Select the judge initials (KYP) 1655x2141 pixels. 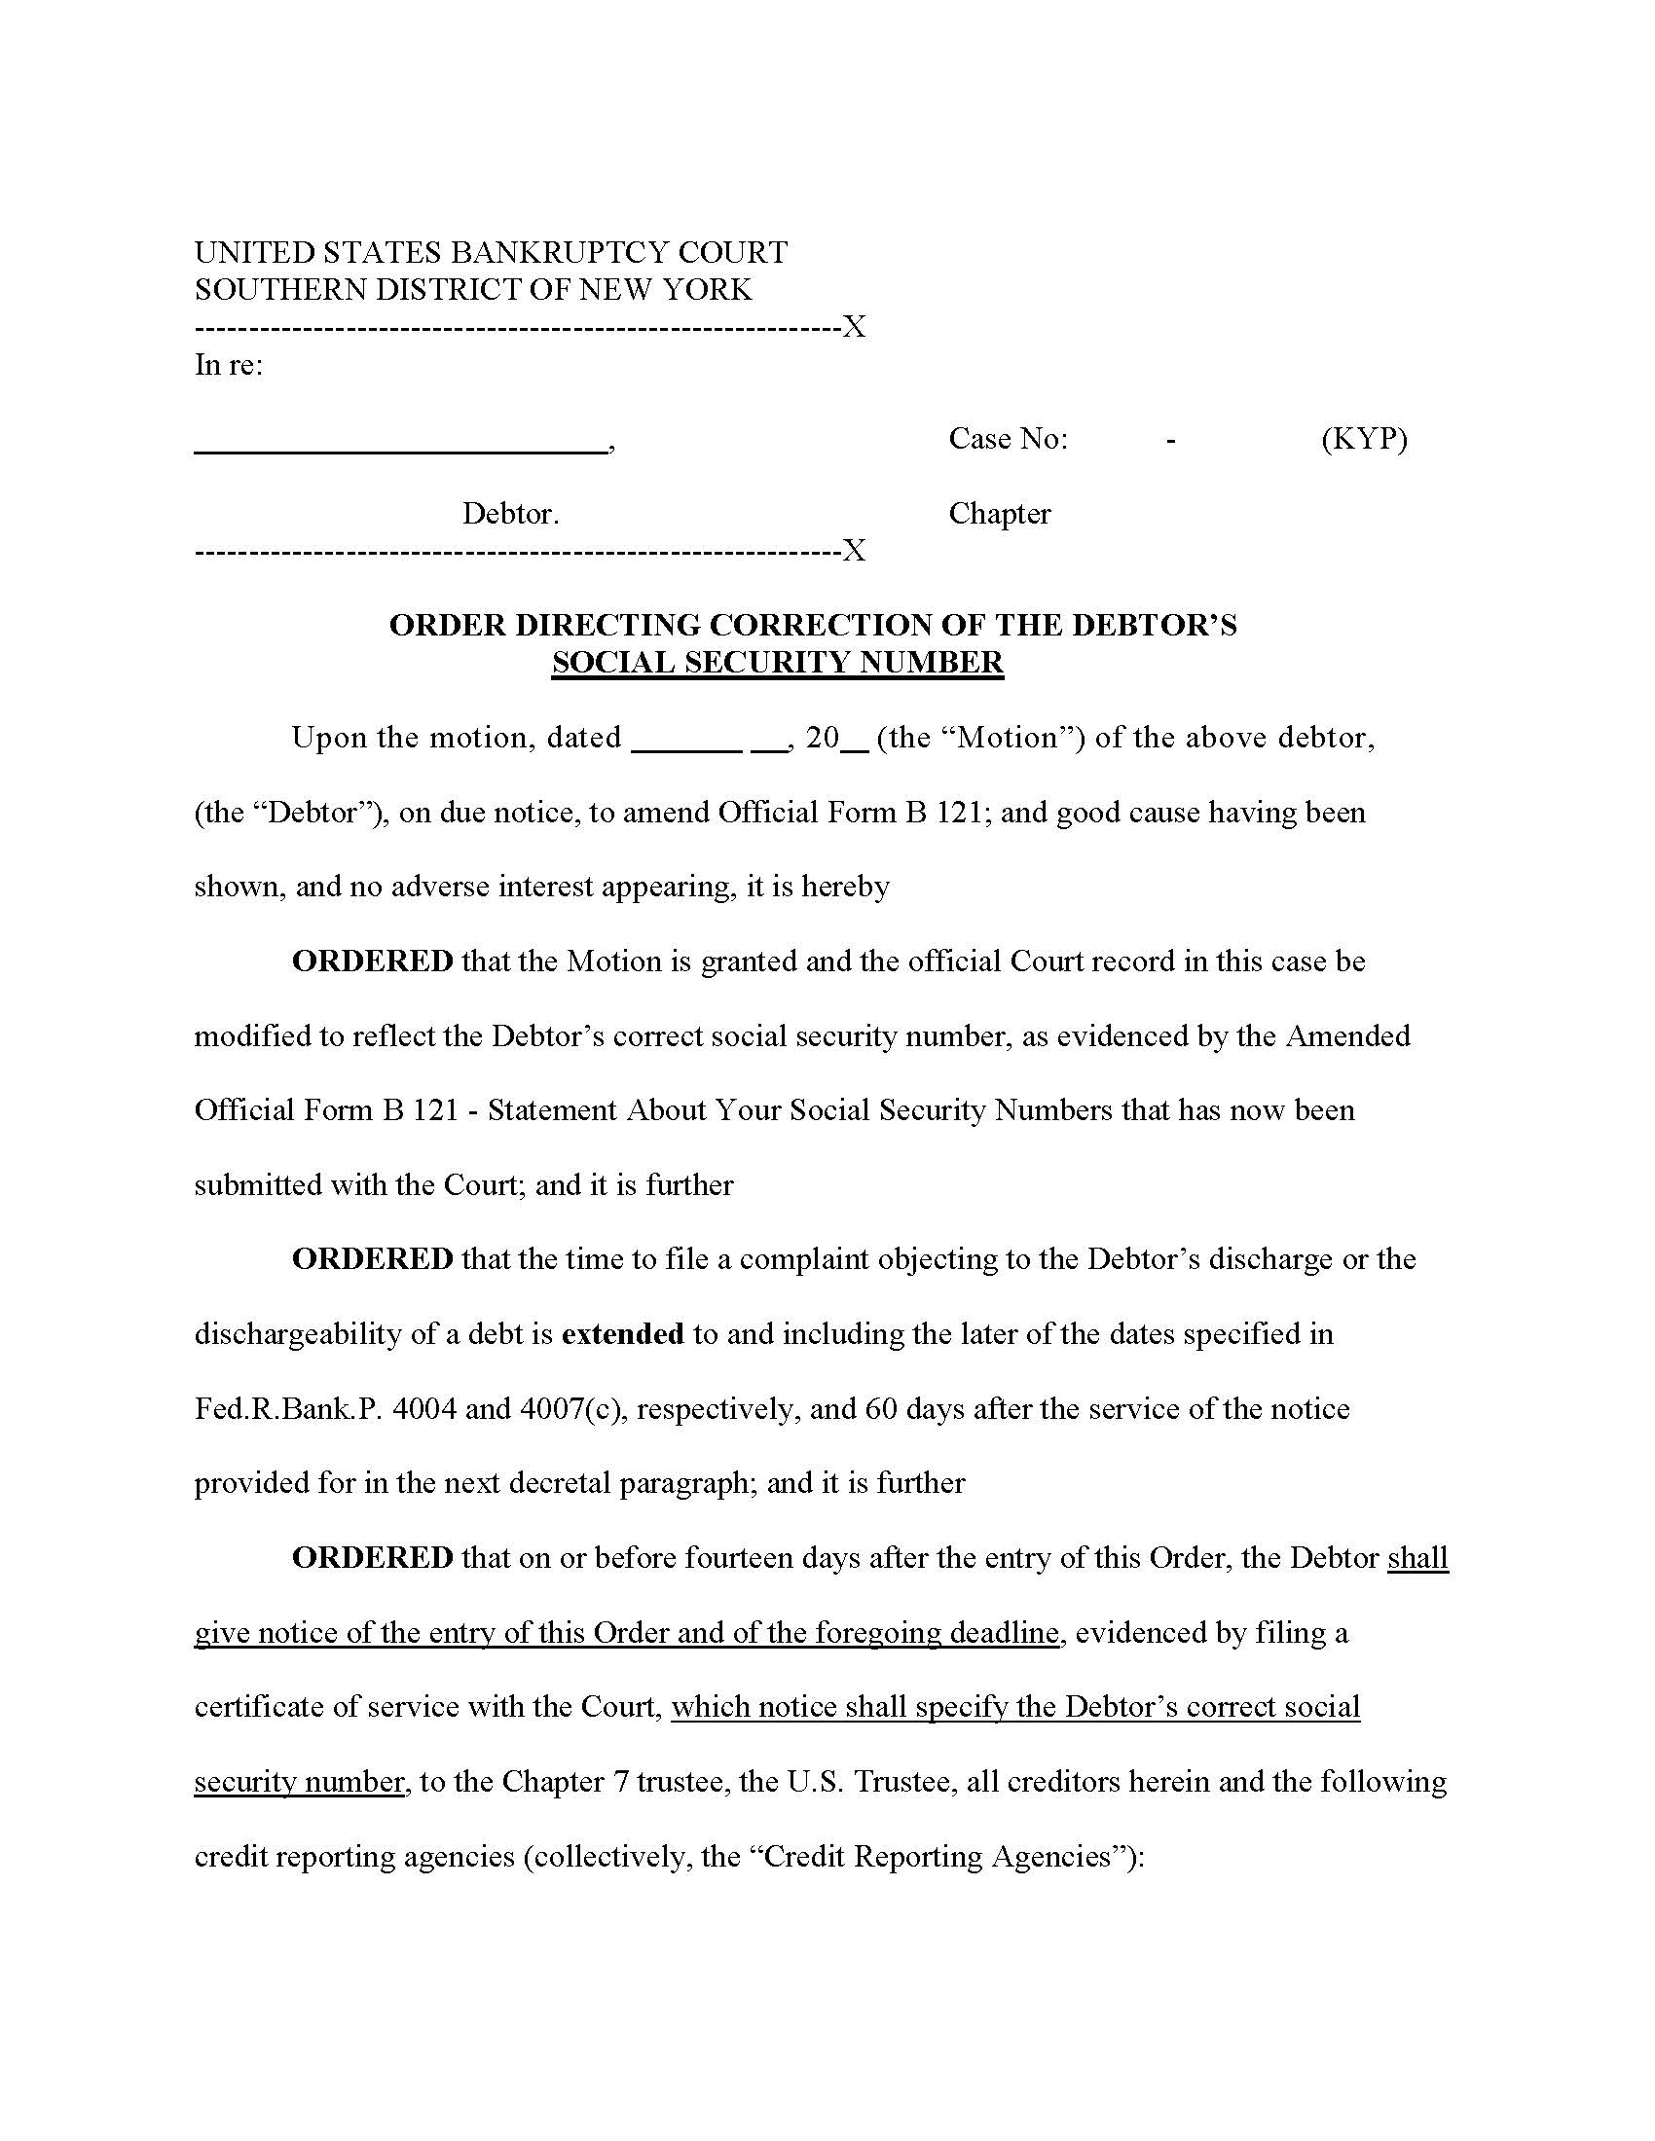(1364, 438)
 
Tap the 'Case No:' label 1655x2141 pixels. (1007, 438)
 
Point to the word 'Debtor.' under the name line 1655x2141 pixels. (511, 514)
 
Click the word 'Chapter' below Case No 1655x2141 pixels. (999, 514)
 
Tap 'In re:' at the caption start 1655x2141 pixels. (229, 365)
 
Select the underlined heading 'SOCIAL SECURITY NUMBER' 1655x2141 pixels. (778, 663)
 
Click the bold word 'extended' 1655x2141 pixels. (623, 1334)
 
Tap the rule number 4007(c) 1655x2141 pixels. (571, 1409)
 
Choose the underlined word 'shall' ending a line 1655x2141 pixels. (1417, 1558)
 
